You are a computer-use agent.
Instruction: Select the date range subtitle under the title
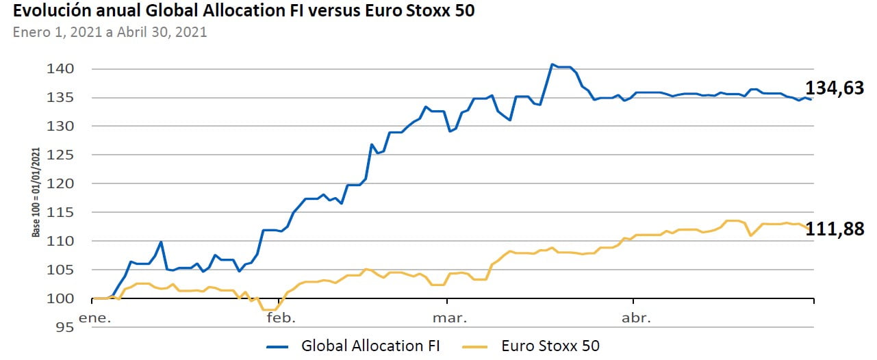(110, 31)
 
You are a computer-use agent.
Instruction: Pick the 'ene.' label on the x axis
(95, 318)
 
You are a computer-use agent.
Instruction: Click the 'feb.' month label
(281, 318)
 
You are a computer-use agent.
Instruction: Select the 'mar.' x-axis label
(450, 318)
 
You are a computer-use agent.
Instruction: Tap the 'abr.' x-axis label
(636, 318)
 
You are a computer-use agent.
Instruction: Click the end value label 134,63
(835, 88)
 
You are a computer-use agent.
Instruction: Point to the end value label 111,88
(835, 229)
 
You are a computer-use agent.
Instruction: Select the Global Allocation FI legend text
(370, 346)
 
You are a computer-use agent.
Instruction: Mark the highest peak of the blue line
(552, 64)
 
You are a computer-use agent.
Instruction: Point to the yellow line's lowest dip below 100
(269, 310)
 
